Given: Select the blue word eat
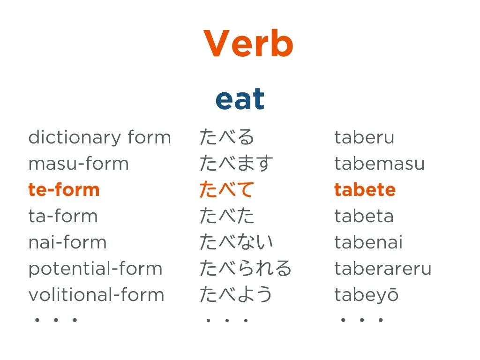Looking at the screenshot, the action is [x=240, y=98].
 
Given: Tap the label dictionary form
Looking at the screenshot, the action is [x=99, y=137].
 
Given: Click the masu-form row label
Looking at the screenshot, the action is [x=78, y=163].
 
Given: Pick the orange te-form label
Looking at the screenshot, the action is [x=64, y=189].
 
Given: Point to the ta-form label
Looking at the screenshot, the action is [x=63, y=216].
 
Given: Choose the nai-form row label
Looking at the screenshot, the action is [x=67, y=242].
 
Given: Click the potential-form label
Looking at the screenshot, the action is [x=95, y=269].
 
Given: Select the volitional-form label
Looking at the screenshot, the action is [x=97, y=294].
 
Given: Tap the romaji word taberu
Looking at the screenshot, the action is [x=364, y=137].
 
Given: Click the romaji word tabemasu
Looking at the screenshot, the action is [x=380, y=163].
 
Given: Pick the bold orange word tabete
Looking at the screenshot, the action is [x=365, y=189].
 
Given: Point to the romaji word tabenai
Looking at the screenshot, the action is [x=368, y=242].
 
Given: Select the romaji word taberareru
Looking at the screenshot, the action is [x=383, y=269].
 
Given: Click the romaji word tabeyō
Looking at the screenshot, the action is [x=367, y=295].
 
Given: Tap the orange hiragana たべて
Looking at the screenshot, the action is [x=227, y=189].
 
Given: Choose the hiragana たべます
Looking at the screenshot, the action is [x=236, y=163].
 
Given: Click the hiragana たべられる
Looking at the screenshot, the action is [x=245, y=268].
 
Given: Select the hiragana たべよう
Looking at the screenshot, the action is [x=236, y=294].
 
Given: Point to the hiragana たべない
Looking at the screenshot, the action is [x=236, y=242].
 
